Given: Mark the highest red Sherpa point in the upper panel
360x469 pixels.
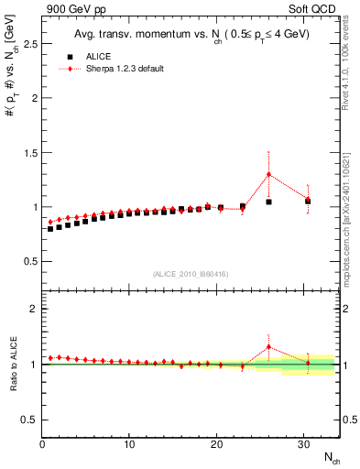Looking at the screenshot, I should coord(268,174).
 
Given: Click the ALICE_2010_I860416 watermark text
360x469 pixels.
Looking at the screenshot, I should coord(191,274).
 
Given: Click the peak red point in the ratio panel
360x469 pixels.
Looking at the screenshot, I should coord(268,347).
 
